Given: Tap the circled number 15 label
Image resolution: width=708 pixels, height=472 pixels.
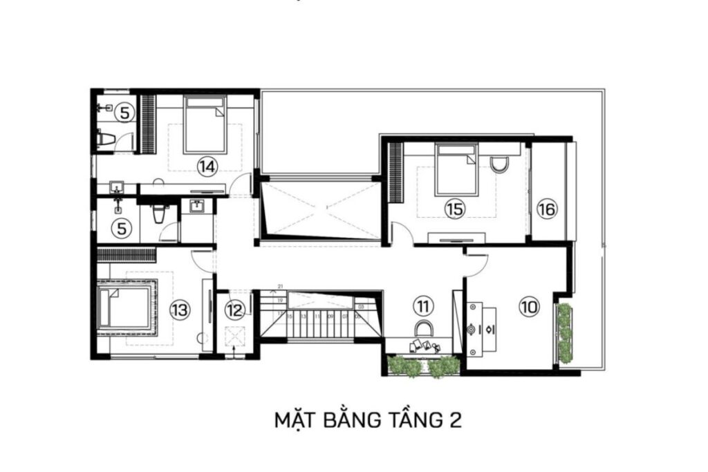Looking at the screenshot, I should (x=454, y=209).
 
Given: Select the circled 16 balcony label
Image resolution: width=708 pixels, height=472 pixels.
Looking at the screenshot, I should (x=546, y=209).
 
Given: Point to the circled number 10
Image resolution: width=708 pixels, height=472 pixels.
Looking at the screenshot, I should (x=529, y=308).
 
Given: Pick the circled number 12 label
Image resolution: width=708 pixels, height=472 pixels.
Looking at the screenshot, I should (x=235, y=310).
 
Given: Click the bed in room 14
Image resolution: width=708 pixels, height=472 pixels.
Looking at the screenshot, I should (x=205, y=124).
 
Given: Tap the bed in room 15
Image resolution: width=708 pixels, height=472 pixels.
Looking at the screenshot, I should (x=456, y=169).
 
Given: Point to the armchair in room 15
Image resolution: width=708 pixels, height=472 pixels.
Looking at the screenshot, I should (x=499, y=164).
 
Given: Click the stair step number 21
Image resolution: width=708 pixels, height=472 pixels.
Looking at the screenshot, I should (x=281, y=285).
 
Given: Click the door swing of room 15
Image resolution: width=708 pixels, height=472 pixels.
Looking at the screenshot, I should (x=404, y=236).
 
